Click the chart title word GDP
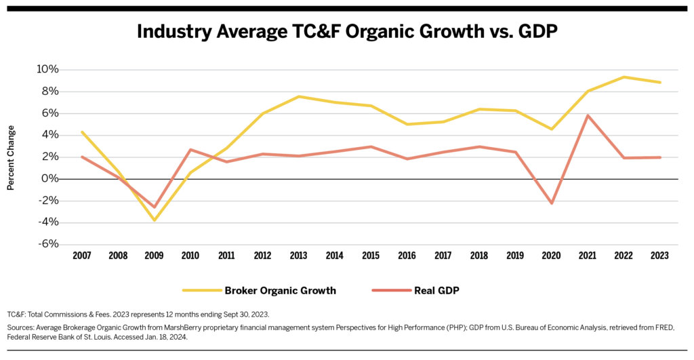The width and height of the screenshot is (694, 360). [x=534, y=32]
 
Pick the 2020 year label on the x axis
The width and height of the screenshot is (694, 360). [x=551, y=256]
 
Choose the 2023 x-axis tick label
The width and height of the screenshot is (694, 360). [x=659, y=256]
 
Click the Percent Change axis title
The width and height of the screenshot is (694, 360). [x=12, y=157]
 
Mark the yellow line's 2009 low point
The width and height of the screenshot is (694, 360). [x=155, y=220]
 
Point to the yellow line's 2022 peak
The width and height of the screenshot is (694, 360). [x=624, y=77]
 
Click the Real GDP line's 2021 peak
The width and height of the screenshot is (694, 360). [x=588, y=115]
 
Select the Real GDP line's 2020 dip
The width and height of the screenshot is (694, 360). [x=552, y=203]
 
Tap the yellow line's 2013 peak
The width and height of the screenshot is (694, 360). [x=298, y=96]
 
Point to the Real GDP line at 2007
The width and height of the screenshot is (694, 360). [x=81, y=157]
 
